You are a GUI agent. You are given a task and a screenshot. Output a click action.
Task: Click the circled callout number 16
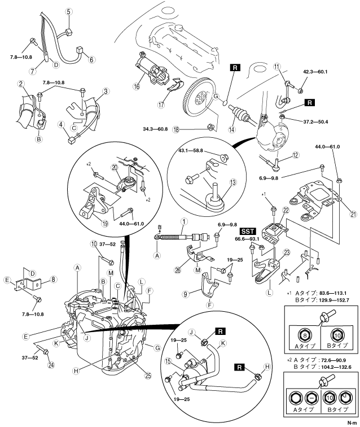click(137, 86)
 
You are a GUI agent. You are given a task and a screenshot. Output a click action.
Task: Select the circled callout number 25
click(148, 376)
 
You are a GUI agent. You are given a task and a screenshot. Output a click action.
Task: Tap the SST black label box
click(248, 232)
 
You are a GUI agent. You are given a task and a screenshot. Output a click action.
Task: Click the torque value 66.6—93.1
click(247, 239)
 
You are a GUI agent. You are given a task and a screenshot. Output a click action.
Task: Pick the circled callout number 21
click(353, 214)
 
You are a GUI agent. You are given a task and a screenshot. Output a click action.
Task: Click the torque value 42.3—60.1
click(315, 72)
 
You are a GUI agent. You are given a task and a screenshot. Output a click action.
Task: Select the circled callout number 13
click(233, 182)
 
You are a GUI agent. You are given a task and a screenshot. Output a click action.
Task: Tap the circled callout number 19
click(105, 223)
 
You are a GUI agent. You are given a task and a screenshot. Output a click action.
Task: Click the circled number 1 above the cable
click(184, 221)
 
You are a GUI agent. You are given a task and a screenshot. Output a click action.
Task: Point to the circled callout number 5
click(68, 12)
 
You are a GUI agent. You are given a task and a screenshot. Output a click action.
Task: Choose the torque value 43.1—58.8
click(191, 150)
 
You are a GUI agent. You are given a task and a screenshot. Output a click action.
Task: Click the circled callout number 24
click(51, 364)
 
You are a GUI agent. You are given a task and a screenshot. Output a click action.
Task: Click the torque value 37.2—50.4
click(315, 121)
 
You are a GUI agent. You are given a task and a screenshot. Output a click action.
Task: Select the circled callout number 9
click(186, 294)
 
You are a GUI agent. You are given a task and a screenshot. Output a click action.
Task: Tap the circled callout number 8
click(54, 279)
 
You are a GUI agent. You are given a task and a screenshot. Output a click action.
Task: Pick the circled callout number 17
click(161, 104)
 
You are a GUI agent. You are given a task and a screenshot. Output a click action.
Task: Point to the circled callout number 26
click(177, 271)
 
